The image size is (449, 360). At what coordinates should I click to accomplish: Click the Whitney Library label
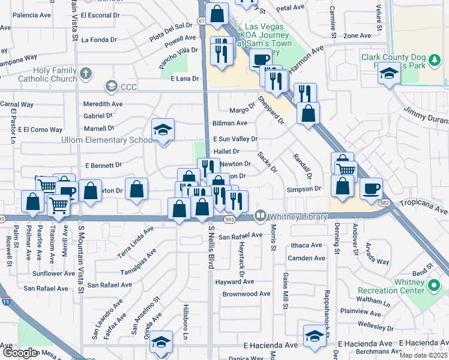298,217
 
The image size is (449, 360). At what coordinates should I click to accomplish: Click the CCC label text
128,87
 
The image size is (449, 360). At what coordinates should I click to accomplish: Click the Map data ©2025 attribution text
423,355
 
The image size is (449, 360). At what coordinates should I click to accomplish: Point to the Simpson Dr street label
304,188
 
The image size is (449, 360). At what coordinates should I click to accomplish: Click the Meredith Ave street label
103,103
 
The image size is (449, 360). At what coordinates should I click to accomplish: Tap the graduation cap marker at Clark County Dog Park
390,74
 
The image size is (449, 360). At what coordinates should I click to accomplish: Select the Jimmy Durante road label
426,112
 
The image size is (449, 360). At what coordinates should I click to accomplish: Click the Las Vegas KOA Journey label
266,35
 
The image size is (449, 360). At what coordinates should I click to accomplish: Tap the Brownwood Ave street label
247,294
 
